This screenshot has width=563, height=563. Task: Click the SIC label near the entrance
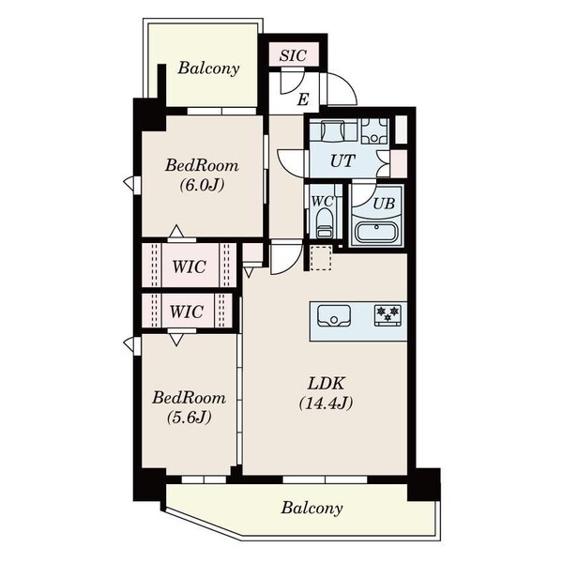(293, 55)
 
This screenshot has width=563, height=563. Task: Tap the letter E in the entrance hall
(303, 99)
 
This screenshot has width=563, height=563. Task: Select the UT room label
(342, 161)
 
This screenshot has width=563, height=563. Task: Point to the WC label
(322, 202)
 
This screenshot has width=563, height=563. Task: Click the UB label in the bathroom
(384, 204)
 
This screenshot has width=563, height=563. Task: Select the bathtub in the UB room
(376, 232)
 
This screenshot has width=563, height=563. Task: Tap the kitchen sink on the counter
(333, 315)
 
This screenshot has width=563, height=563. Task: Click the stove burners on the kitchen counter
(387, 315)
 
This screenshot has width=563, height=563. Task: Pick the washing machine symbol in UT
(374, 131)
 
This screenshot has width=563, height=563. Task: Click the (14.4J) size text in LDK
(326, 403)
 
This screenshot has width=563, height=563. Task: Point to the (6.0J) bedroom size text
(202, 185)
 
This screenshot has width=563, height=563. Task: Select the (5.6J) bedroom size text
(189, 418)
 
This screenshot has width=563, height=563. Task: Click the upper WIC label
(189, 266)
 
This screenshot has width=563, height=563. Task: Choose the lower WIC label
(187, 312)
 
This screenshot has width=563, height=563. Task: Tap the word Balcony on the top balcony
(208, 68)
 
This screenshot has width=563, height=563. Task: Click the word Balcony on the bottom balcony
(312, 508)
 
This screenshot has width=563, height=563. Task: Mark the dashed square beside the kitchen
(321, 257)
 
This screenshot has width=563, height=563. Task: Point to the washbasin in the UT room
(333, 131)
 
